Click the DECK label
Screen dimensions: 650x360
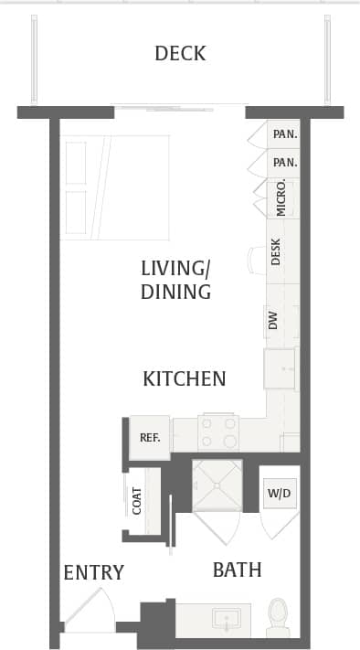(180, 53)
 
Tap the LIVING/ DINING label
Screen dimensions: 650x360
(175, 281)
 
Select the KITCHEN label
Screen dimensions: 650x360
(184, 378)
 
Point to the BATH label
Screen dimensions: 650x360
(237, 570)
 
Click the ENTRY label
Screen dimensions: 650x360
(93, 573)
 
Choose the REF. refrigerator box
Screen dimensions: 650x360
(150, 437)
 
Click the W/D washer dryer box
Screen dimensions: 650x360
(279, 495)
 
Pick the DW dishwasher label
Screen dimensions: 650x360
(272, 320)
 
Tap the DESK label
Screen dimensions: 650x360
(276, 252)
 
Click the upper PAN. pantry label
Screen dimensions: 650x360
(285, 133)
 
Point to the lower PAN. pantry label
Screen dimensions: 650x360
(285, 163)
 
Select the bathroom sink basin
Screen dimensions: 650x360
(226, 619)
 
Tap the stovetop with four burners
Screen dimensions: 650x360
(218, 432)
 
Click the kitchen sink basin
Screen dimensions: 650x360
(280, 368)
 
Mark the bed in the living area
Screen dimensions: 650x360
(115, 187)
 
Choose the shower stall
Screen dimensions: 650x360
(217, 485)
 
